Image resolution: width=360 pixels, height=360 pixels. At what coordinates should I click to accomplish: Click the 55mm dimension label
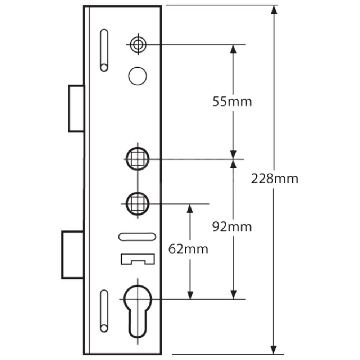tap(232, 102)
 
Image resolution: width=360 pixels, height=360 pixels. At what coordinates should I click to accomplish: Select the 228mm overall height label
tap(275, 178)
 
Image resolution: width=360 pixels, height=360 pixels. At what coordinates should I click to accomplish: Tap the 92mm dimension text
tap(232, 227)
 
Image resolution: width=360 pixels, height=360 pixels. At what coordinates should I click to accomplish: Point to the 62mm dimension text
tap(188, 249)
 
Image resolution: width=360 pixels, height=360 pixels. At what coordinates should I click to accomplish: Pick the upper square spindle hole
tap(137, 159)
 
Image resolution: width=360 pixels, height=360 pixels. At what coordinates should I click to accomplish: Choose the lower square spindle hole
tap(137, 204)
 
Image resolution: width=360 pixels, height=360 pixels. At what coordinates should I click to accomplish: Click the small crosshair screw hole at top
tap(137, 44)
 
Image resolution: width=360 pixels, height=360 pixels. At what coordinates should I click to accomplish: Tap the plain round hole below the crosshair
tap(138, 76)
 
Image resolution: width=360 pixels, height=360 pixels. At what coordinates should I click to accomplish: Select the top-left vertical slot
tap(104, 50)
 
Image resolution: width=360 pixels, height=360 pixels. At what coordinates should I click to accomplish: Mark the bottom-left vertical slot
tap(104, 310)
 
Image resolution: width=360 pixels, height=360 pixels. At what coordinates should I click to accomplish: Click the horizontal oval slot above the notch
tap(137, 236)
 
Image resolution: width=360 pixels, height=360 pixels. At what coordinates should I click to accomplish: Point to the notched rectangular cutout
tap(137, 259)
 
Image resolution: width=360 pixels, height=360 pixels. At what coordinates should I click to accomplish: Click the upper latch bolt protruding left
tap(76, 108)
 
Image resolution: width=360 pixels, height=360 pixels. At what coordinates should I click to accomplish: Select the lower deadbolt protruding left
tap(73, 255)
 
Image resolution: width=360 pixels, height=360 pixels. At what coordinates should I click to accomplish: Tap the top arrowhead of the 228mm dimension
tap(274, 9)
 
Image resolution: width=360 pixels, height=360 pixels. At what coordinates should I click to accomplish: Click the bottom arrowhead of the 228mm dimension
tap(274, 350)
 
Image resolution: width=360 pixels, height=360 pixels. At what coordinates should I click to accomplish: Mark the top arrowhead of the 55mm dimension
tap(233, 49)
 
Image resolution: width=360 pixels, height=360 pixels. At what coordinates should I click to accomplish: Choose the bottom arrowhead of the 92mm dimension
tap(234, 295)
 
